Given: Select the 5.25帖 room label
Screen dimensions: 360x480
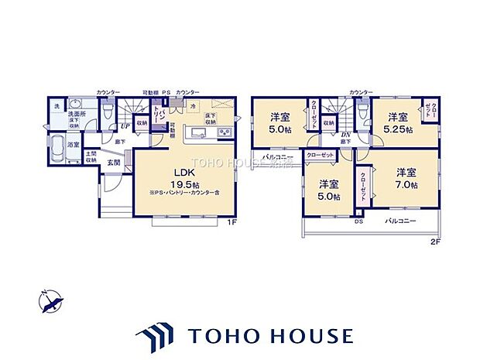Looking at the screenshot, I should pyautogui.click(x=398, y=123).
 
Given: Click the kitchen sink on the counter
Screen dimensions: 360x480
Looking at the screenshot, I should pyautogui.click(x=194, y=134).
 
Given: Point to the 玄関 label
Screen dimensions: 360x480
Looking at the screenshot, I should pyautogui.click(x=113, y=163).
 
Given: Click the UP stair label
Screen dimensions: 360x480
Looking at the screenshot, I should pyautogui.click(x=124, y=127).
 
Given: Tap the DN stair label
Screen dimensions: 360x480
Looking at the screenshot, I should pyautogui.click(x=346, y=135).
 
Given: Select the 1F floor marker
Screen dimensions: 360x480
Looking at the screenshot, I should pyautogui.click(x=231, y=223).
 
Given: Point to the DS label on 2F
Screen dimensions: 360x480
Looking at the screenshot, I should pyautogui.click(x=358, y=221).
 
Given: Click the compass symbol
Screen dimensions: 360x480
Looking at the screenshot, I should pyautogui.click(x=50, y=300).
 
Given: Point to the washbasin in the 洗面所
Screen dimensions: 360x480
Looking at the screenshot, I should pyautogui.click(x=76, y=105).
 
